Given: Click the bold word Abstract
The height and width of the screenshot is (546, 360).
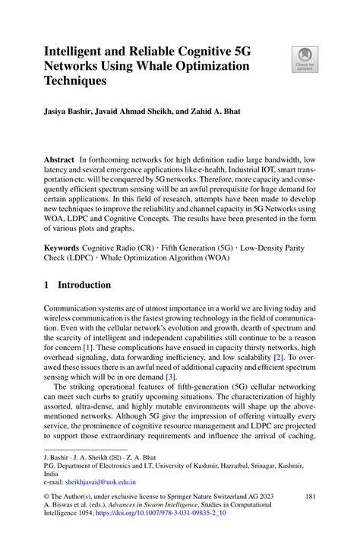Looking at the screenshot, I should point(59,162).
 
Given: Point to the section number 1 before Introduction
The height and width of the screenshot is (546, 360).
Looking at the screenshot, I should point(47,285).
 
